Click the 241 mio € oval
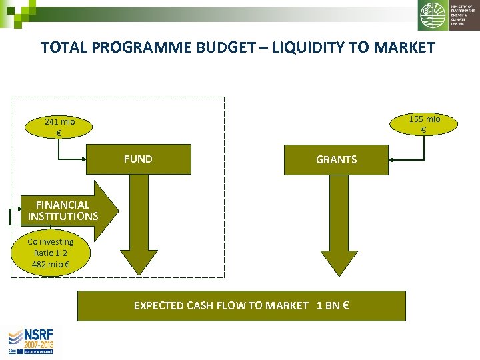(59, 127)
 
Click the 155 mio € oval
(424, 124)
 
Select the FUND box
(139, 159)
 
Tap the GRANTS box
(336, 160)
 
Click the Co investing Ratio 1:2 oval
(51, 253)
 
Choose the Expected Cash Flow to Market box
(241, 306)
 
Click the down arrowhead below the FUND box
(139, 260)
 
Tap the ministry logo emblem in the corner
(433, 15)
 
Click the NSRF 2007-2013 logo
(31, 341)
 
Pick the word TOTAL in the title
(64, 48)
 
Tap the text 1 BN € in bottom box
(333, 306)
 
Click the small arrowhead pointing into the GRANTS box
(393, 160)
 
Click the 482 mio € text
(51, 265)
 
